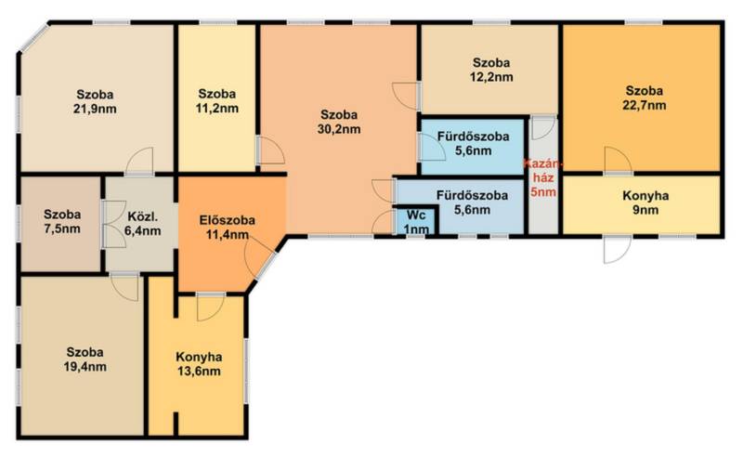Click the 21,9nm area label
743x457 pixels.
click(95, 109)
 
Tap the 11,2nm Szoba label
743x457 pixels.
click(217, 101)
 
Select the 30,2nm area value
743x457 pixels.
click(339, 129)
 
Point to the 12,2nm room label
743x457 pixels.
click(491, 70)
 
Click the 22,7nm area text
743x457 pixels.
click(644, 105)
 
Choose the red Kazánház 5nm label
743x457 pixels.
click(543, 178)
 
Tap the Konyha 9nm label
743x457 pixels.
click(645, 202)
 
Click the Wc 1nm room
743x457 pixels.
click(416, 222)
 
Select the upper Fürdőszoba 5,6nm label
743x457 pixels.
click(473, 144)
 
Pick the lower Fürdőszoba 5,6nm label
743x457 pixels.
click(472, 202)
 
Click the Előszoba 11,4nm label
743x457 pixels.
click(228, 227)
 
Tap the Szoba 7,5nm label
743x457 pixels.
click(62, 221)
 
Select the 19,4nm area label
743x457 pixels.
click(85, 367)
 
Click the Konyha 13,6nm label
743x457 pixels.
click(199, 363)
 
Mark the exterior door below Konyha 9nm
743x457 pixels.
click(618, 250)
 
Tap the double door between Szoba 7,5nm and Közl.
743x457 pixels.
click(113, 224)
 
